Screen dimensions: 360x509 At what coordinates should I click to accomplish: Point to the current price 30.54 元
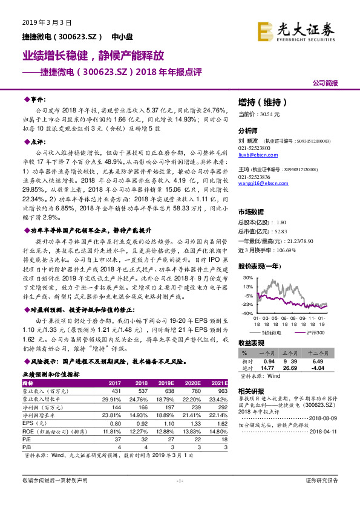[259, 114]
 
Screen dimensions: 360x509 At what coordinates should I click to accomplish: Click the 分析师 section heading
[248, 131]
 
